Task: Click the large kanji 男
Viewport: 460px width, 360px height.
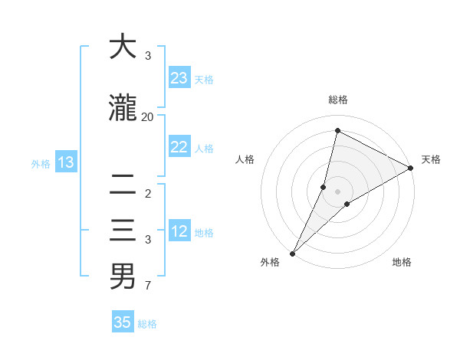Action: pos(123,277)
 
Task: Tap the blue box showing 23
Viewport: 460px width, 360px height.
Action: pos(179,78)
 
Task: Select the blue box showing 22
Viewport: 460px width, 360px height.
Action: pos(179,148)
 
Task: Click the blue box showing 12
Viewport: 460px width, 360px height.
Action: pos(179,232)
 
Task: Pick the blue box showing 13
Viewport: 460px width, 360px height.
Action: pos(65,162)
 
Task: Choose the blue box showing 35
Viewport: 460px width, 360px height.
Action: pos(123,322)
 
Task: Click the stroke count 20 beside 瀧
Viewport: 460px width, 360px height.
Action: pos(148,116)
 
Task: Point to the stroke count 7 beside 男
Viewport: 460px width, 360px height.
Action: pos(148,286)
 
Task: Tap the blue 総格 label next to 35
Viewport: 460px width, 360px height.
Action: pos(147,324)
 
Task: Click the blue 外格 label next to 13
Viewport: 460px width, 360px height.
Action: pos(40,163)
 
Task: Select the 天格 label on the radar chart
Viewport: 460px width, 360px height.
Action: pos(431,159)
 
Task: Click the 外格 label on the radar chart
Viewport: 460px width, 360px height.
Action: pos(270,262)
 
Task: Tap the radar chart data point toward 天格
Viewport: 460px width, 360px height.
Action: pos(411,169)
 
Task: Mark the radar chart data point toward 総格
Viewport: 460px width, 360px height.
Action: pos(337,131)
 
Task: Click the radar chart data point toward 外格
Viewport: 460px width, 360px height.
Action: pos(292,253)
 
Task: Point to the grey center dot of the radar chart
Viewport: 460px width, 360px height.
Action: pos(337,191)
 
